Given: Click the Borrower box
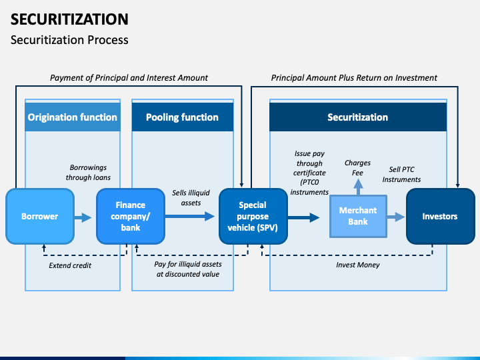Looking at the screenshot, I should (39, 216).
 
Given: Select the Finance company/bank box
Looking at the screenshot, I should (130, 216).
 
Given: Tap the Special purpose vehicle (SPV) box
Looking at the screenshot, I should (253, 216).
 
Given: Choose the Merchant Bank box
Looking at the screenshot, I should (358, 216).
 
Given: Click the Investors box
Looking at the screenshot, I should (439, 216).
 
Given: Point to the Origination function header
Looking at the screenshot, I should (72, 117).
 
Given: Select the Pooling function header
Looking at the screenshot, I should (182, 117).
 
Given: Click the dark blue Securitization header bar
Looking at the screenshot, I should (357, 117).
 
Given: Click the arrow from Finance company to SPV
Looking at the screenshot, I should (191, 216).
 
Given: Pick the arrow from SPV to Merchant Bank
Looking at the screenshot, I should (305, 217).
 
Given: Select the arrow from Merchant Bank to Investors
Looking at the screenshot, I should (396, 217).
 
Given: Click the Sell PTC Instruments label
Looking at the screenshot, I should (401, 174).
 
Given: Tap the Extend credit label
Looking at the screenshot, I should (70, 265).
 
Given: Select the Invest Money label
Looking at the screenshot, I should (357, 265).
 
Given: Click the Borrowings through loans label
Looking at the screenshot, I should (88, 173).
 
